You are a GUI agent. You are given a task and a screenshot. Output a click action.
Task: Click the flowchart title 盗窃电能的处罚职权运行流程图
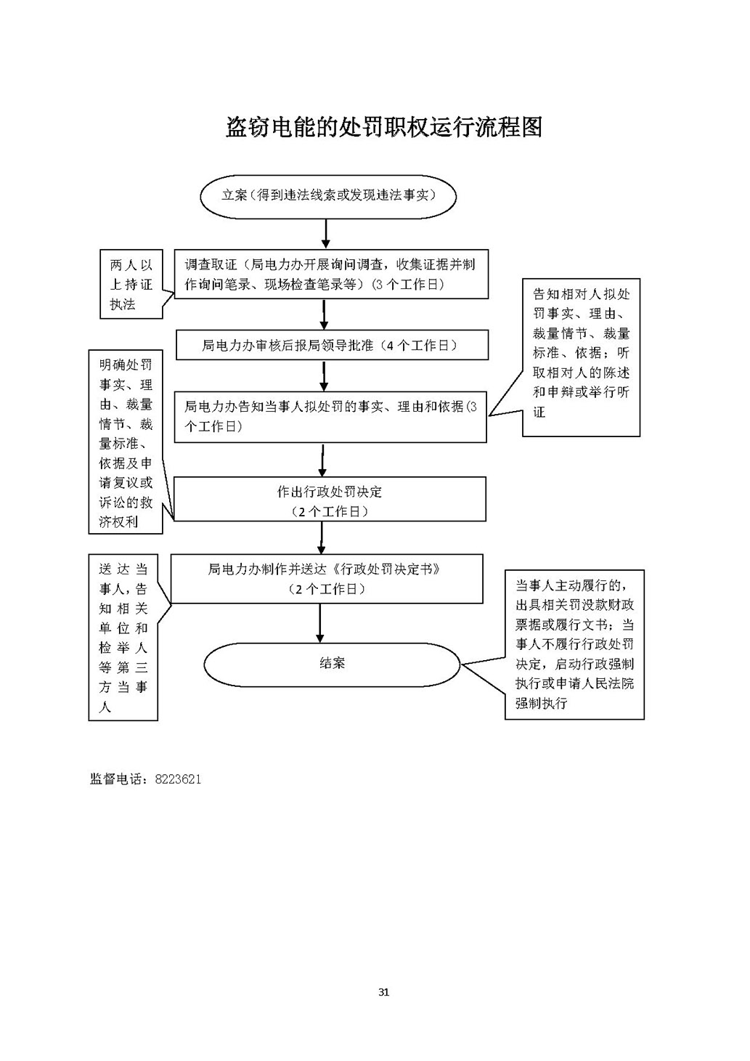[x=384, y=127]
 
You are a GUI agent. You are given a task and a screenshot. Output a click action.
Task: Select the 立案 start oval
[x=328, y=195]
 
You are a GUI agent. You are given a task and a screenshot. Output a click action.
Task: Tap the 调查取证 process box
[x=331, y=274]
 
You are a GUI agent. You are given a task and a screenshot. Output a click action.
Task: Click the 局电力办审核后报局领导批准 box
[x=331, y=346]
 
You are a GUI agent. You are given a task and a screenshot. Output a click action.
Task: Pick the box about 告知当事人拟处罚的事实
[x=331, y=416]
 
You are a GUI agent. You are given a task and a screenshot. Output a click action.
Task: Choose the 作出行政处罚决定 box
[x=330, y=500]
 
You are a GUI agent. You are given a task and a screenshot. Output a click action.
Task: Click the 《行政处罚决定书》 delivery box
[x=326, y=579]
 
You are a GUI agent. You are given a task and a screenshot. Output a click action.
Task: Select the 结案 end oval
[x=332, y=663]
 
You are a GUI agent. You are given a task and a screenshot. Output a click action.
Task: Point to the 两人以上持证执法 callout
[x=131, y=285]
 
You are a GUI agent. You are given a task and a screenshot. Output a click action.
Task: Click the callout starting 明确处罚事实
[x=126, y=442]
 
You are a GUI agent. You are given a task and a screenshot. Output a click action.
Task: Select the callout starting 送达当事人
[x=123, y=638]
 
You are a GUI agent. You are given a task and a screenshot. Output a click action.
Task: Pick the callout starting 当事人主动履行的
[x=574, y=644]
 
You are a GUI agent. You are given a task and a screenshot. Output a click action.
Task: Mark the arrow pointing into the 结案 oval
[x=320, y=622]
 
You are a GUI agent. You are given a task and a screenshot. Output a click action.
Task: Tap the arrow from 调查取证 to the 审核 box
[x=325, y=314]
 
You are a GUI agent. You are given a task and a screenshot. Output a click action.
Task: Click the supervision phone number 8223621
[x=178, y=779]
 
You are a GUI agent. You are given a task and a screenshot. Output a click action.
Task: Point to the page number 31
[x=384, y=992]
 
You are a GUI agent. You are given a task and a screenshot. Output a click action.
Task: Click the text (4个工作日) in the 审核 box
[x=421, y=346]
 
